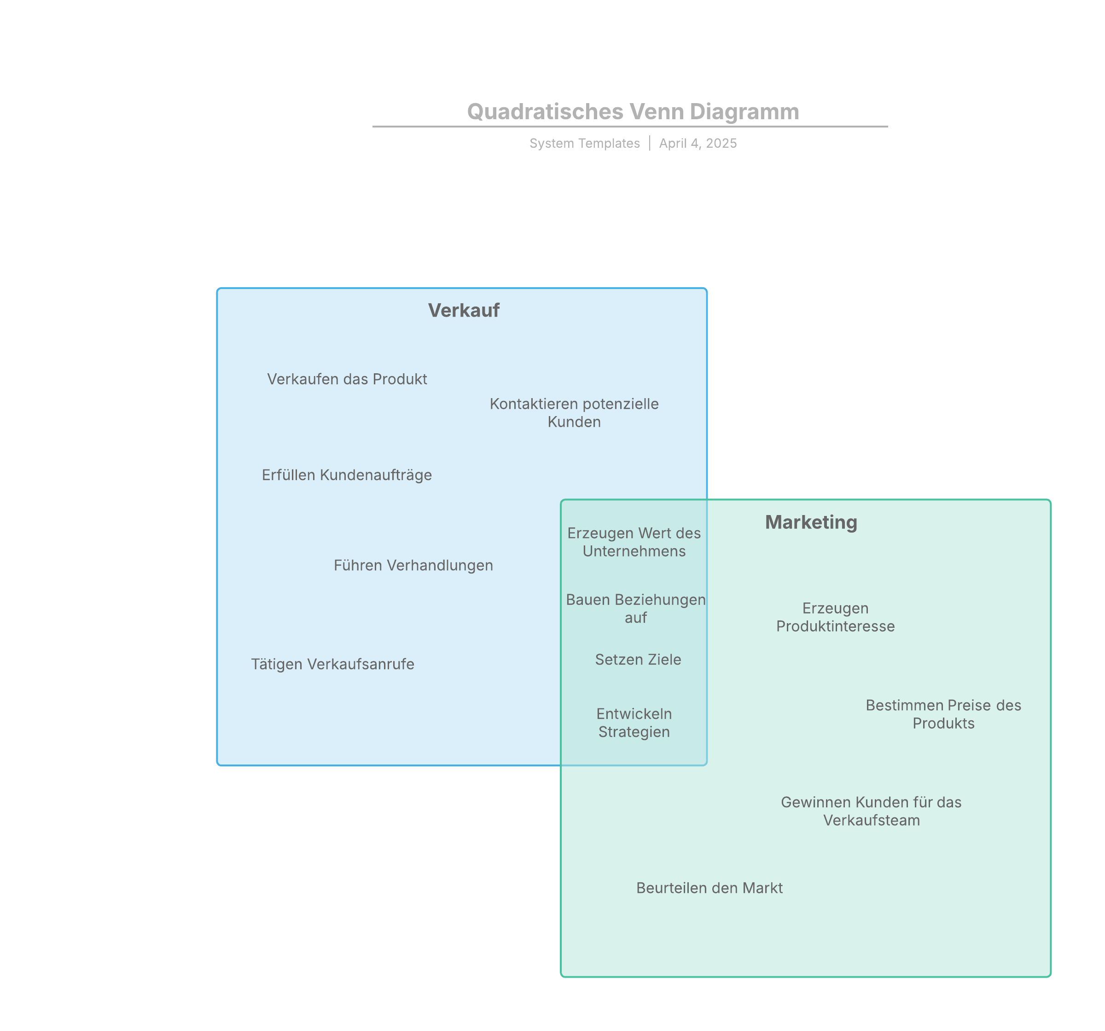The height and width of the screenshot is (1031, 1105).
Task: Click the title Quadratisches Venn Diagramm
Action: [x=633, y=112]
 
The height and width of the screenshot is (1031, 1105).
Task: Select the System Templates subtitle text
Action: [x=584, y=144]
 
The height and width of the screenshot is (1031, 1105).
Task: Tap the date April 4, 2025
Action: [x=698, y=144]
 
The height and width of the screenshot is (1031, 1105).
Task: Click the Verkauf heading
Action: [x=464, y=310]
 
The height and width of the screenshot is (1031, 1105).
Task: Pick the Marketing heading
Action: [x=811, y=522]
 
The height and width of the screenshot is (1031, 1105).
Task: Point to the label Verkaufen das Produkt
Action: [x=347, y=379]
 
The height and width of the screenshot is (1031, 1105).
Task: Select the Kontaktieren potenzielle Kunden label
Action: [x=574, y=412]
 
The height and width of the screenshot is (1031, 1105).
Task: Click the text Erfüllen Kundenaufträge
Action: [x=347, y=475]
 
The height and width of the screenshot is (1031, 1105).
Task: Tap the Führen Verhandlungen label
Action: [x=413, y=565]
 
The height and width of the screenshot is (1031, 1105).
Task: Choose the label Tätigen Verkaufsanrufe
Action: [x=332, y=664]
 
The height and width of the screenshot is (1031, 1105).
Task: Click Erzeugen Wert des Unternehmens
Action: [x=634, y=542]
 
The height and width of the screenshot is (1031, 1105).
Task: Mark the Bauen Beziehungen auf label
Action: [x=635, y=608]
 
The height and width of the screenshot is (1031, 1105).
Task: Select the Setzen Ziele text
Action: [x=638, y=660]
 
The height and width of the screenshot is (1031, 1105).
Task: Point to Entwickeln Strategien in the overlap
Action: [x=634, y=723]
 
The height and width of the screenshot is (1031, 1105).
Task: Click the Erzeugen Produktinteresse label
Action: [x=835, y=617]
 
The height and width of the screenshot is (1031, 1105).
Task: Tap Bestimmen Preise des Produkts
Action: [x=943, y=714]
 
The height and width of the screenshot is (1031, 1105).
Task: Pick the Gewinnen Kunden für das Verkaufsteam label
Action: [x=871, y=811]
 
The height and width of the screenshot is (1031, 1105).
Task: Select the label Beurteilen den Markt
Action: [x=709, y=888]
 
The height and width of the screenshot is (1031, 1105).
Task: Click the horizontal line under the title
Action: [x=630, y=127]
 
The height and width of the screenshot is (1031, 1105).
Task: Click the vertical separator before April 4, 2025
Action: [x=649, y=144]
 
